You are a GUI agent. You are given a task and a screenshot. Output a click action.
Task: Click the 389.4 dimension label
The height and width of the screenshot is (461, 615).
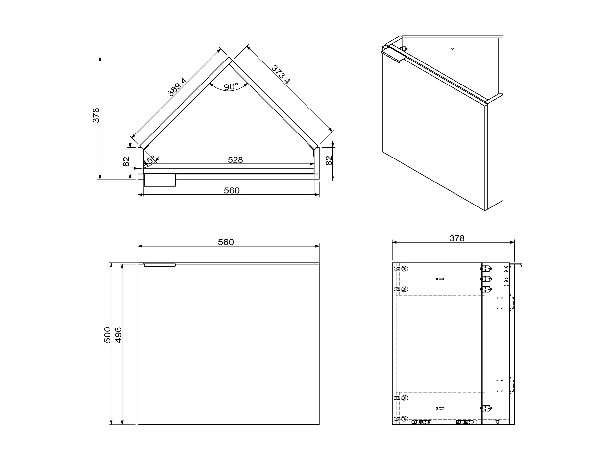pyautogui.click(x=177, y=87)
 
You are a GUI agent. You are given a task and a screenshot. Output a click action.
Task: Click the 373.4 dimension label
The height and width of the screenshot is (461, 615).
pyautogui.click(x=281, y=75)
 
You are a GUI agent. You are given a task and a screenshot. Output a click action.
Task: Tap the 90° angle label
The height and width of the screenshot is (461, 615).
pyautogui.click(x=231, y=87)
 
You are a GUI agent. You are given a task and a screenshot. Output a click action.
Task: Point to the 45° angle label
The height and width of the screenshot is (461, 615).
pyautogui.click(x=149, y=161)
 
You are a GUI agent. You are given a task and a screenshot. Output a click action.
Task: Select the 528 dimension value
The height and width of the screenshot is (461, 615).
pyautogui.click(x=235, y=160)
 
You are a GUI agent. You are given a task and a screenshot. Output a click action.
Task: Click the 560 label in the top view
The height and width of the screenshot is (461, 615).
pyautogui.click(x=232, y=191)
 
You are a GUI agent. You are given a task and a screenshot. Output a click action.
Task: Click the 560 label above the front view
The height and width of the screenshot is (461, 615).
pyautogui.click(x=226, y=242)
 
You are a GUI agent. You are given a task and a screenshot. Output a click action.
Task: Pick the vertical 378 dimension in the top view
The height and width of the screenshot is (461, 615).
pyautogui.click(x=96, y=115)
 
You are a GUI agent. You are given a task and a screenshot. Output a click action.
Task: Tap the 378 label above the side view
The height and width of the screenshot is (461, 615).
pyautogui.click(x=457, y=238)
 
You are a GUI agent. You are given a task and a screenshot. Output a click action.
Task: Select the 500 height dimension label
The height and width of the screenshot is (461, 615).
pyautogui.click(x=107, y=335)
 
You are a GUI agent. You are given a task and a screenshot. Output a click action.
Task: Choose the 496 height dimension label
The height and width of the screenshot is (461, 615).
pyautogui.click(x=118, y=335)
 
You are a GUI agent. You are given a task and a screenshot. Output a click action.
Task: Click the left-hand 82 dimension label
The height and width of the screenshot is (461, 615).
pyautogui.click(x=126, y=162)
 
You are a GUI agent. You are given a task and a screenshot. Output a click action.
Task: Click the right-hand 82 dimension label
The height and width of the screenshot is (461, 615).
pyautogui.click(x=329, y=161)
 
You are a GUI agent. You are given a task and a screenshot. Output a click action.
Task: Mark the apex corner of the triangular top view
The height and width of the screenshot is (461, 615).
pyautogui.click(x=229, y=57)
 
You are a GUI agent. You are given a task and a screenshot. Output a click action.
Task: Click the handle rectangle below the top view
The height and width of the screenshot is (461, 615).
pyautogui.click(x=160, y=180)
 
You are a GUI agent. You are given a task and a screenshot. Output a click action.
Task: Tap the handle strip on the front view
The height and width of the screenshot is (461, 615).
pyautogui.click(x=160, y=265)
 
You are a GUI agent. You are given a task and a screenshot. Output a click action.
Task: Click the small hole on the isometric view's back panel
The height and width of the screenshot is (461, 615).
pyautogui.click(x=453, y=49)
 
